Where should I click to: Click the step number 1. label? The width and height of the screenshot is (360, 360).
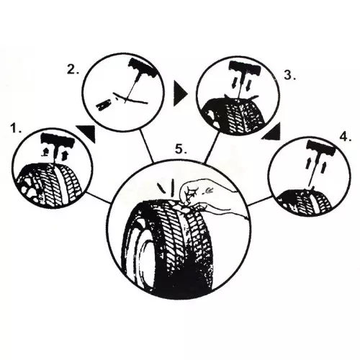[14, 128]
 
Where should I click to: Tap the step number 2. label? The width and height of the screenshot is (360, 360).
[72, 70]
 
